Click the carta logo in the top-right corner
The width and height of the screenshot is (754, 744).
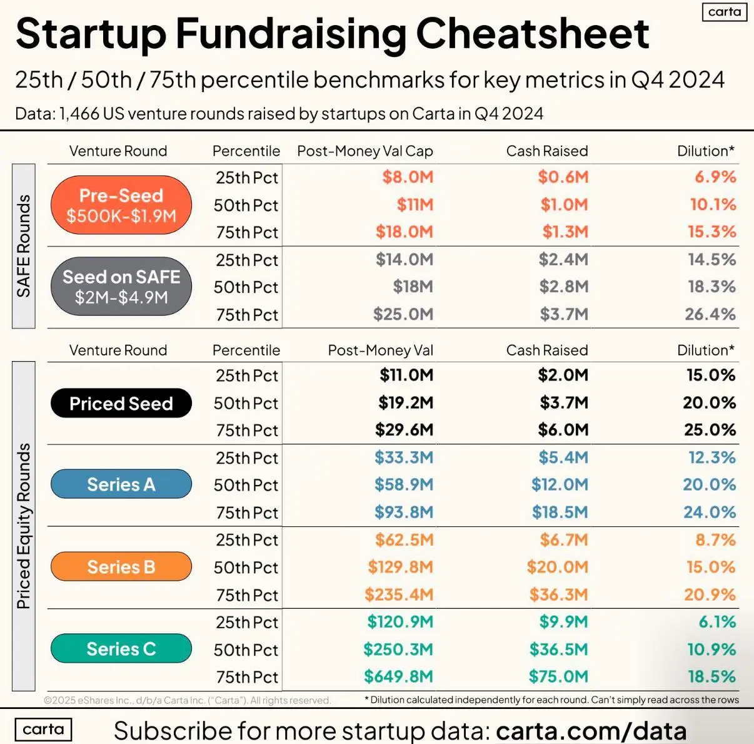pyautogui.click(x=725, y=12)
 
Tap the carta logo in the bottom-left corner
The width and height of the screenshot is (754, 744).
pyautogui.click(x=43, y=730)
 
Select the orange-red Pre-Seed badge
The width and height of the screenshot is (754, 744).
pyautogui.click(x=121, y=205)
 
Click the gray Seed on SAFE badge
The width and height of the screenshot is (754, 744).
pyautogui.click(x=121, y=287)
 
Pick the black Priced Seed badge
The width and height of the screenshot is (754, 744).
pyautogui.click(x=121, y=404)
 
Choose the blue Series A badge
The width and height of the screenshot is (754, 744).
pyautogui.click(x=121, y=484)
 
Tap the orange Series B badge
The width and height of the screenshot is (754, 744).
pyautogui.click(x=121, y=567)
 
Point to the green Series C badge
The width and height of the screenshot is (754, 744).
pyautogui.click(x=121, y=649)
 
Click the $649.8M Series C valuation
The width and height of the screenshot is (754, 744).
pyautogui.click(x=398, y=676)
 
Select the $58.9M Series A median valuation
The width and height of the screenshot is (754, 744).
pyautogui.click(x=403, y=484)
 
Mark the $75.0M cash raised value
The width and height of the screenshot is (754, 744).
pyautogui.click(x=558, y=676)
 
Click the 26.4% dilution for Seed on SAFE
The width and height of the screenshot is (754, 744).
pyautogui.click(x=710, y=314)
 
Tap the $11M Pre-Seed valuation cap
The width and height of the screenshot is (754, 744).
pyautogui.click(x=415, y=205)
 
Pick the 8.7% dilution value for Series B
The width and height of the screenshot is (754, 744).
pyautogui.click(x=715, y=539)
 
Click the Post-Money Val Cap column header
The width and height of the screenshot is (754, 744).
pyautogui.click(x=364, y=151)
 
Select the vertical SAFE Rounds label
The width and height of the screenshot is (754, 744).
pyautogui.click(x=24, y=246)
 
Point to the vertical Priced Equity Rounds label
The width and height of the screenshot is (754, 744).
pyautogui.click(x=24, y=526)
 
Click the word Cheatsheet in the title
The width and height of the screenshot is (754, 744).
pyautogui.click(x=532, y=34)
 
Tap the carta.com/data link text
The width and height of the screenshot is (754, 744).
pyautogui.click(x=591, y=730)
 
